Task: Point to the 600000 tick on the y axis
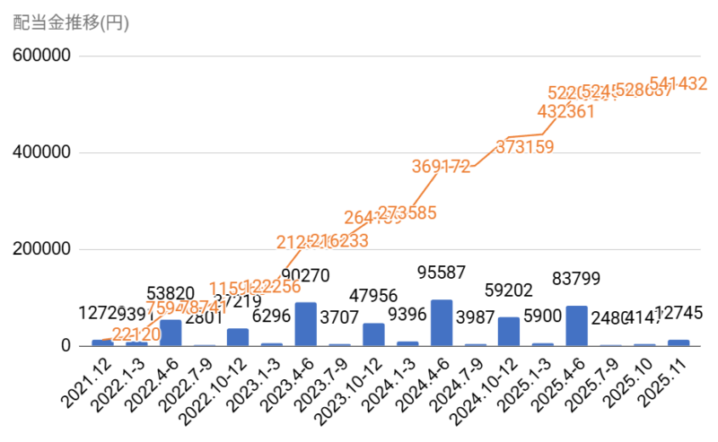42,56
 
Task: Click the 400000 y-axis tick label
42,152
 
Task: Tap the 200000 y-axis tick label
42,249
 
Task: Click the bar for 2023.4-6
306,324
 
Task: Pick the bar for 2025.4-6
577,325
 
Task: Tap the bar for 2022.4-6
171,333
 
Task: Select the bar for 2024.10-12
509,332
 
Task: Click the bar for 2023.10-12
373,334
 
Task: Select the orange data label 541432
679,84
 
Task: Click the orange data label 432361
566,112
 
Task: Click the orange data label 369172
442,166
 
